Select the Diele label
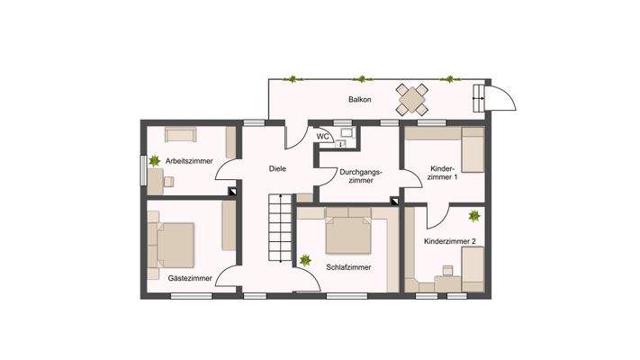pyautogui.click(x=278, y=168)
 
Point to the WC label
pyautogui.click(x=322, y=137)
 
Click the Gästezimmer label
pyautogui.click(x=190, y=278)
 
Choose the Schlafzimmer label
pyautogui.click(x=349, y=267)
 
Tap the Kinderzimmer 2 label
pyautogui.click(x=450, y=241)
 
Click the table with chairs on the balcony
pyautogui.click(x=414, y=98)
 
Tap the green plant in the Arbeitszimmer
pyautogui.click(x=156, y=160)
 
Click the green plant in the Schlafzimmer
pyautogui.click(x=306, y=261)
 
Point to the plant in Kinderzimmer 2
pyautogui.click(x=473, y=216)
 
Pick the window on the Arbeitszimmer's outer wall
pyautogui.click(x=142, y=168)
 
